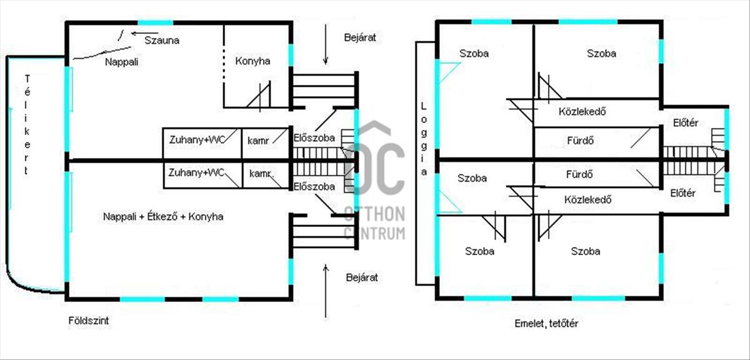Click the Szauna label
click(x=162, y=41)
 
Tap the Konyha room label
click(x=252, y=61)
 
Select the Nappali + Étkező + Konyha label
click(x=163, y=217)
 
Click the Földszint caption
click(x=88, y=321)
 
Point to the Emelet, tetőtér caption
click(x=546, y=324)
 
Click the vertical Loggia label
click(x=424, y=139)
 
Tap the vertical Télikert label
click(x=27, y=124)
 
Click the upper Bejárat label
click(x=360, y=37)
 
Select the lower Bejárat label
click(x=362, y=277)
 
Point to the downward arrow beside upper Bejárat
click(x=326, y=44)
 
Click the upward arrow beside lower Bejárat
click(x=326, y=291)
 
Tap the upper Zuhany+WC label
click(x=197, y=139)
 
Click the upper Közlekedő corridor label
click(x=582, y=111)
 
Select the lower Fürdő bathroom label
click(x=579, y=174)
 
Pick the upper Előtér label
click(x=686, y=123)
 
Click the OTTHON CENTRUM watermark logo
click(x=374, y=181)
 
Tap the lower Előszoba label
click(x=314, y=186)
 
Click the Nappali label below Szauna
click(x=121, y=62)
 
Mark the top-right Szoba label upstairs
click(x=601, y=54)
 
